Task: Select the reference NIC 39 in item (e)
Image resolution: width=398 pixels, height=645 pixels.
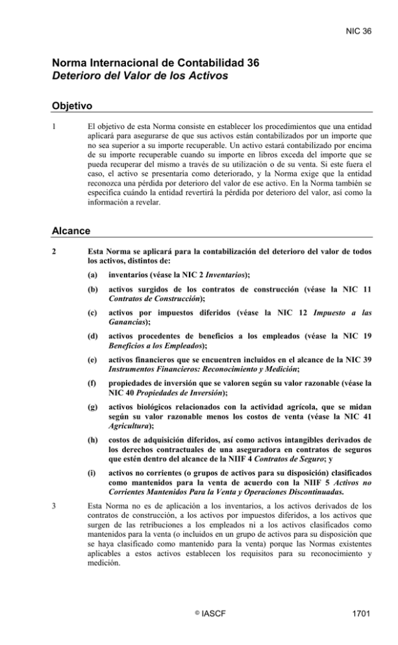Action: pyautogui.click(x=358, y=387)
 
